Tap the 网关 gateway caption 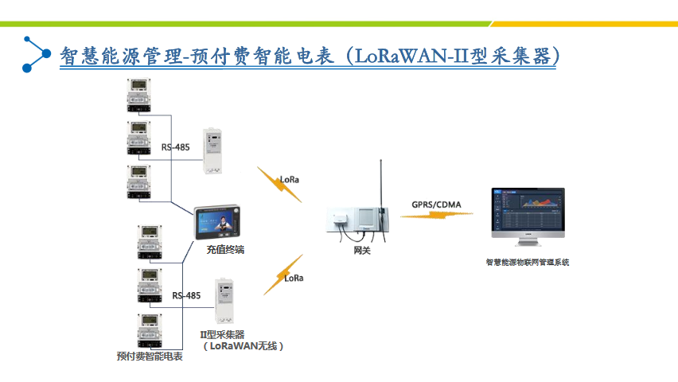(x=362, y=251)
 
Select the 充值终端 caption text (x=225, y=249)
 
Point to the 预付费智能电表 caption (x=150, y=356)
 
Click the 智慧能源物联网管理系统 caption (x=528, y=262)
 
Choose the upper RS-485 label (x=176, y=146)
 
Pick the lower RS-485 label (x=185, y=295)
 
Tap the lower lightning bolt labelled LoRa (x=283, y=275)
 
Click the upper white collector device (x=214, y=151)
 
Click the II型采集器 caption (x=222, y=334)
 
